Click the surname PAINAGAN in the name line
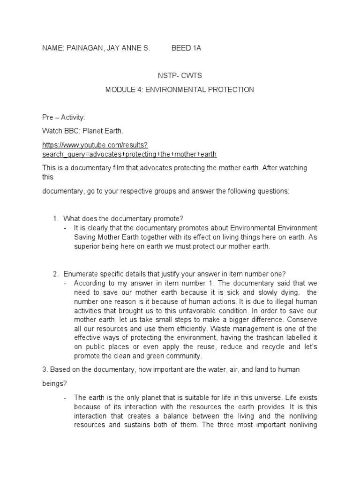point(88,48)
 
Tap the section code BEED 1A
point(187,48)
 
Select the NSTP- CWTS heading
point(180,75)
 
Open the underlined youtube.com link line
point(95,145)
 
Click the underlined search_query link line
point(129,154)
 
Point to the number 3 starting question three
point(44,370)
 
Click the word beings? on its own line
point(54,383)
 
